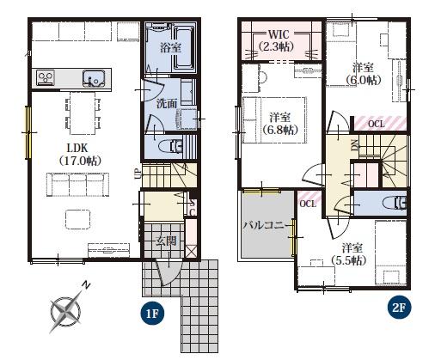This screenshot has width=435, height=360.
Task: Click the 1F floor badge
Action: click(152, 314)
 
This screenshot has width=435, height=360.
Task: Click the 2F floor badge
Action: click(399, 308)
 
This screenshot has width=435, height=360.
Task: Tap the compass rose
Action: click(66, 309)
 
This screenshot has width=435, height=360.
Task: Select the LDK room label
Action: click(81, 155)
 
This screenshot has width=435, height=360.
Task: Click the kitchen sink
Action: click(94, 78)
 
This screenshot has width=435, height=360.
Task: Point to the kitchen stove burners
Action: click(46, 77)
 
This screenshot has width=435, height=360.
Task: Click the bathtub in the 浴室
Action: click(184, 48)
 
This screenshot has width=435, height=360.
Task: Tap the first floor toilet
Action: click(169, 146)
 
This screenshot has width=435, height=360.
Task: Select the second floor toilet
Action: click(393, 203)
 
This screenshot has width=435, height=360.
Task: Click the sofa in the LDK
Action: click(77, 185)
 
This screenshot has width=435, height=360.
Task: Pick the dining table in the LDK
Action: click(83, 113)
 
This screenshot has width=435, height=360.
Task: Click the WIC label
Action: click(279, 34)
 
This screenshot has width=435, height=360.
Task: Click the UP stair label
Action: click(138, 174)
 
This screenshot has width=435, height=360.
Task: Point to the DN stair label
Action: click(354, 144)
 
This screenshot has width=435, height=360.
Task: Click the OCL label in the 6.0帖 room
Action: click(376, 124)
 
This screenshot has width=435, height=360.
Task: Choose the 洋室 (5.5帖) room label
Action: click(349, 254)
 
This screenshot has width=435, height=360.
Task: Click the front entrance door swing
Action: click(168, 272)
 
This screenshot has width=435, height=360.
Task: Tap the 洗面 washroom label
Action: click(167, 103)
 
